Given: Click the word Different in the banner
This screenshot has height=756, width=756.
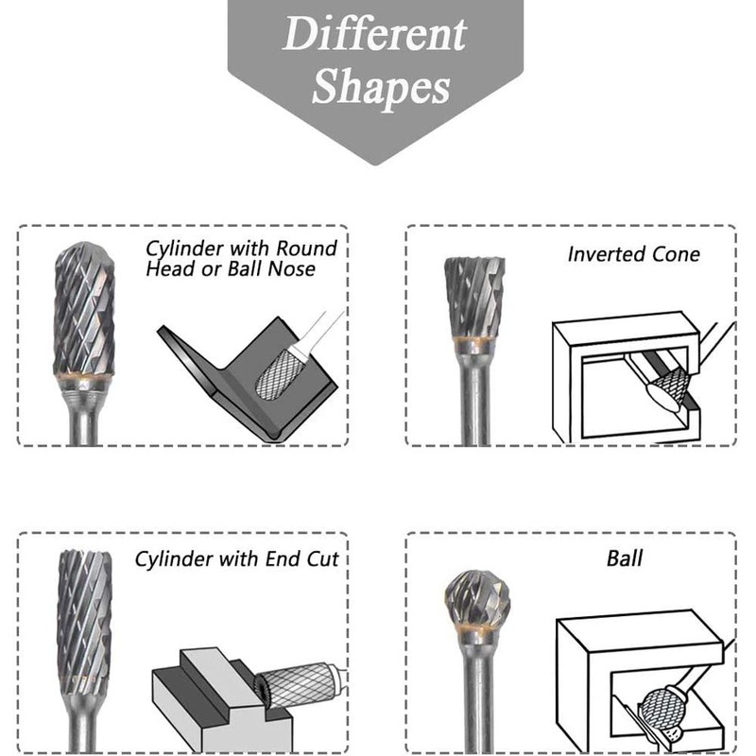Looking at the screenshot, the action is point(375,35).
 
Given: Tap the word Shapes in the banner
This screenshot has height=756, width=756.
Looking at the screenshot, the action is point(381,87).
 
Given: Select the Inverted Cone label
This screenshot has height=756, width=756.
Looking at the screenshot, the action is point(634,254).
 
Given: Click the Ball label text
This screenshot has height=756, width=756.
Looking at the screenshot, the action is point(625,558).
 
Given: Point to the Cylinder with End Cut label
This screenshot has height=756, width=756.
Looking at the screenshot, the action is point(236,558).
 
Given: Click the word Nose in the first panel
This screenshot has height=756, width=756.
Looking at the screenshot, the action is point(294,269).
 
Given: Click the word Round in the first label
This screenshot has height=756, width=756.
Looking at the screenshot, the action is point(306,249).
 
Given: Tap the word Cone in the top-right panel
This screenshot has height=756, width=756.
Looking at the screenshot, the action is point(678,254).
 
